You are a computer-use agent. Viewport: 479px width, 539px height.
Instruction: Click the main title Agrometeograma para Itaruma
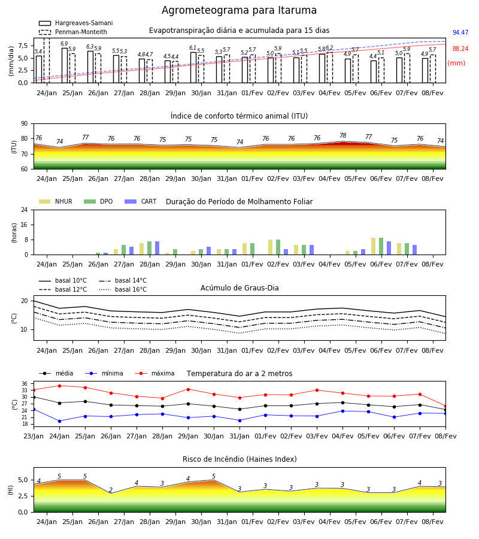click(x=239, y=10)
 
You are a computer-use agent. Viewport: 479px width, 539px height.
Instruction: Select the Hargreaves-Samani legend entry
click(x=75, y=23)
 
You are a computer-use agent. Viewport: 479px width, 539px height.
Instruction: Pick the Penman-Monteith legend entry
click(x=73, y=32)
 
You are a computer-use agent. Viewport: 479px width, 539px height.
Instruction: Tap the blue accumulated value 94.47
click(x=460, y=33)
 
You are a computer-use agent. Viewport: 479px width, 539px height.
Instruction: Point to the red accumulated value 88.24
click(x=460, y=49)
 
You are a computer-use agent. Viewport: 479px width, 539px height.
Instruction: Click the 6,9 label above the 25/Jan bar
click(x=64, y=44)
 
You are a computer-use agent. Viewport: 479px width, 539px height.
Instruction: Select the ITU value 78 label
click(x=343, y=135)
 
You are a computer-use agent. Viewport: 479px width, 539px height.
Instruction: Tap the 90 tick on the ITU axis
click(x=25, y=124)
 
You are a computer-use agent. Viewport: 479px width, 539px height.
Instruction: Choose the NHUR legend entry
click(x=56, y=201)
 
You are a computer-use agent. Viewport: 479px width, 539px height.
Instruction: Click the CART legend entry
click(x=141, y=201)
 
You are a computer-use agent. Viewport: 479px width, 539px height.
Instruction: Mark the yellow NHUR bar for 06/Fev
click(x=373, y=246)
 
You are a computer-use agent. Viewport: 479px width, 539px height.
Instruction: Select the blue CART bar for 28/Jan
click(x=157, y=248)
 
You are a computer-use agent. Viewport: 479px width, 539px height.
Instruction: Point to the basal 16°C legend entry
click(x=123, y=290)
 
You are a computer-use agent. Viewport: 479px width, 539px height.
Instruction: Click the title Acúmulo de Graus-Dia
click(x=239, y=288)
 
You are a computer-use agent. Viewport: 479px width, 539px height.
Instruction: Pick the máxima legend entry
click(x=154, y=373)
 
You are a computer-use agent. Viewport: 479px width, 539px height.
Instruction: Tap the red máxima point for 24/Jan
click(x=59, y=386)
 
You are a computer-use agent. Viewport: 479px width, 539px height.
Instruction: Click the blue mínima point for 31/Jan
click(x=239, y=420)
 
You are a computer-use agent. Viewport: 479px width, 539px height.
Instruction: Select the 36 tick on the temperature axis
click(x=25, y=384)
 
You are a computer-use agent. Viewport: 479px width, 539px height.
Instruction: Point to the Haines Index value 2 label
click(x=111, y=490)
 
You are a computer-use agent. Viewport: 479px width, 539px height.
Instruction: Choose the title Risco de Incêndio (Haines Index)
click(x=239, y=459)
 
